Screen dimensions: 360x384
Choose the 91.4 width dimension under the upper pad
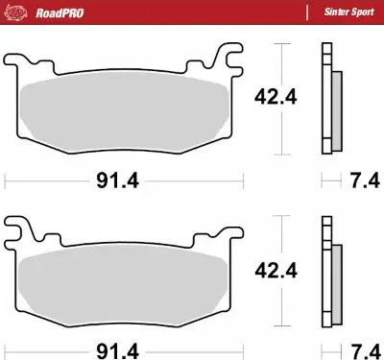(122, 180)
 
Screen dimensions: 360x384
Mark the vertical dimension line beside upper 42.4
(279, 97)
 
